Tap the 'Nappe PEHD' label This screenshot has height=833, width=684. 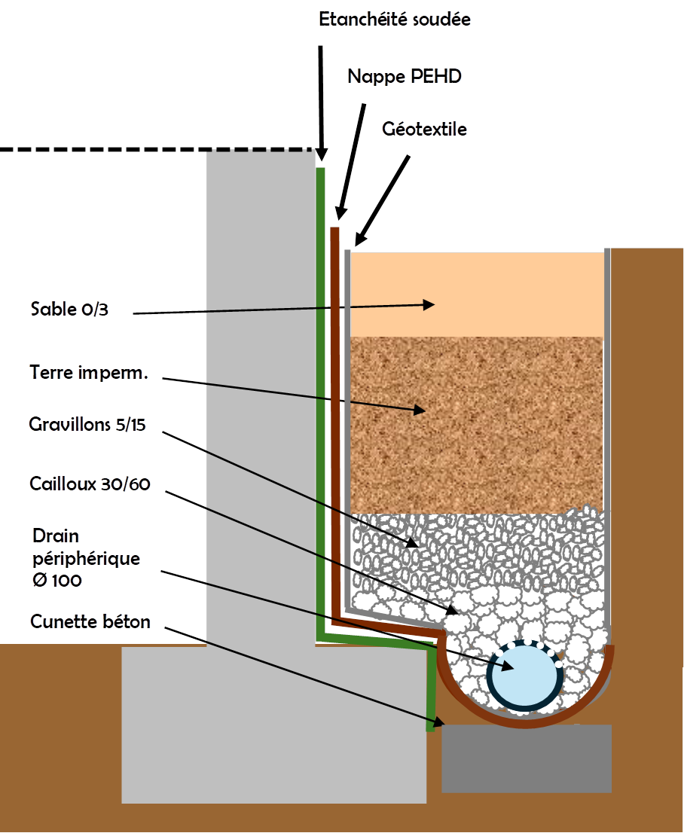tap(405, 76)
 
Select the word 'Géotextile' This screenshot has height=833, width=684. tap(425, 130)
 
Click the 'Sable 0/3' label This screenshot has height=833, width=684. tap(69, 309)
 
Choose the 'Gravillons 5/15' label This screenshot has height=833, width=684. tap(87, 425)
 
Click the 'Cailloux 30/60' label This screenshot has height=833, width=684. tap(90, 484)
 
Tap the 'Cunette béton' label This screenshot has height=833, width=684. tap(90, 622)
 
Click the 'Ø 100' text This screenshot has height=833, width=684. tap(57, 581)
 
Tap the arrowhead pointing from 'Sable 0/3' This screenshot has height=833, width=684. tap(429, 304)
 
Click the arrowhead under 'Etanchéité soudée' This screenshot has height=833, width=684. tap(322, 154)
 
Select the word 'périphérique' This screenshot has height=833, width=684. tap(86, 559)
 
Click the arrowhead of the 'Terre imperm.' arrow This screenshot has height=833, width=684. tap(419, 410)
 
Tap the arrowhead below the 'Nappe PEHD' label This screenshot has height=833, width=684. tap(340, 215)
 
